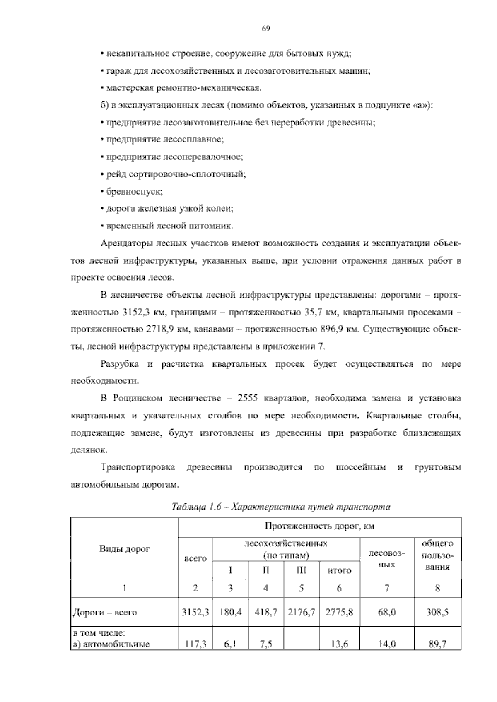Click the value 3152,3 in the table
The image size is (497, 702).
point(195,612)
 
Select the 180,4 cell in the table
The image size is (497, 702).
point(230,612)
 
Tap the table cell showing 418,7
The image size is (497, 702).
point(266,612)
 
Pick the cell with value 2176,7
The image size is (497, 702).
point(301,612)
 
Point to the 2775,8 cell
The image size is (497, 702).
point(339,612)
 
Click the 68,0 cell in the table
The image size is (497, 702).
point(387,612)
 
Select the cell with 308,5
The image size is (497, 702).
point(437,612)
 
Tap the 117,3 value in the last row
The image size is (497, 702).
point(195,644)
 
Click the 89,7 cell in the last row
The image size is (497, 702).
point(437,644)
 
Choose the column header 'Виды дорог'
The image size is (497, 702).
point(124,549)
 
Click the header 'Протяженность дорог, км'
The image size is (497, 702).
point(319,526)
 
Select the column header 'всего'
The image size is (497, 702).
point(195,558)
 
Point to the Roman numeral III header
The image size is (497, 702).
point(301,570)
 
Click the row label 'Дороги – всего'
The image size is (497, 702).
point(105,612)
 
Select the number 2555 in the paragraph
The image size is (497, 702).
point(248,398)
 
